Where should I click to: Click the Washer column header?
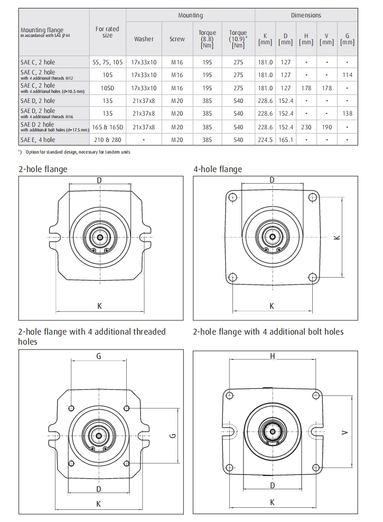(x=144, y=39)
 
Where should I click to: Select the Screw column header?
(x=177, y=39)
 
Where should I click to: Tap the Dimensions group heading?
(x=306, y=15)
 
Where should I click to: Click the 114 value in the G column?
(x=347, y=75)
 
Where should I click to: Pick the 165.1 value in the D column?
(x=286, y=140)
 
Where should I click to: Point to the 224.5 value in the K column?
(x=265, y=140)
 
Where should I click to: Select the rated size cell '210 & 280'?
(x=107, y=140)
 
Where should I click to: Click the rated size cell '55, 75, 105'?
(x=107, y=62)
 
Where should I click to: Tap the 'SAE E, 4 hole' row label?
(x=38, y=140)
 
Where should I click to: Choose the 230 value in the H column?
(x=306, y=127)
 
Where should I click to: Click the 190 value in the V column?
(x=327, y=127)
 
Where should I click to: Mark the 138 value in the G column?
(x=347, y=113)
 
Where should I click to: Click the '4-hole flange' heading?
(x=218, y=169)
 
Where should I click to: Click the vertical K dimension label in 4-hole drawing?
(x=337, y=238)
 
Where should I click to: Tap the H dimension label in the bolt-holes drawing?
(x=273, y=356)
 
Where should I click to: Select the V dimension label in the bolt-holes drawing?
(x=344, y=433)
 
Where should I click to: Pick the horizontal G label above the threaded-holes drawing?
(x=99, y=356)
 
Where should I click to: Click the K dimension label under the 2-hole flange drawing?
(x=99, y=305)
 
